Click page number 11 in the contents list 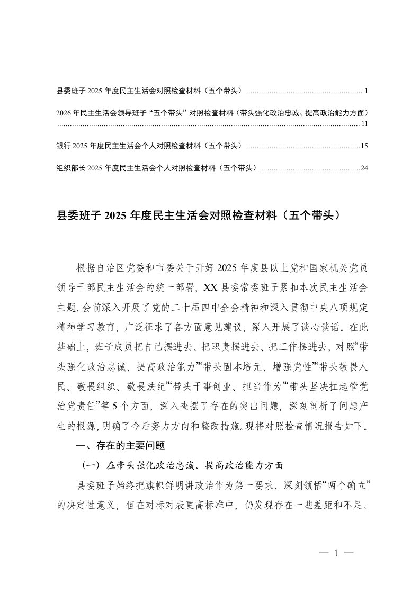pyautogui.click(x=364, y=124)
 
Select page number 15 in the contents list pyautogui.click(x=364, y=146)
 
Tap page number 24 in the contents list pyautogui.click(x=364, y=168)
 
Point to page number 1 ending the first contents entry pyautogui.click(x=366, y=91)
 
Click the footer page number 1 pyautogui.click(x=336, y=553)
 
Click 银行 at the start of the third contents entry pyautogui.click(x=62, y=146)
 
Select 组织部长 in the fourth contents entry pyautogui.click(x=69, y=168)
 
